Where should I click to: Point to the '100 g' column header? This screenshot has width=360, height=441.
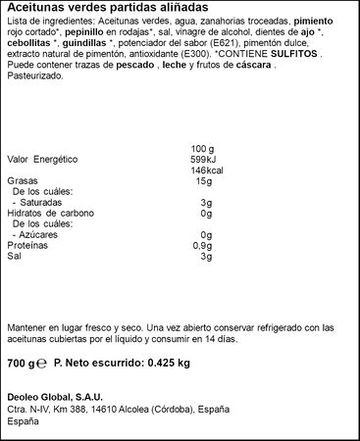point(202,147)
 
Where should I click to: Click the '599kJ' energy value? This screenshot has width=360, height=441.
point(201,158)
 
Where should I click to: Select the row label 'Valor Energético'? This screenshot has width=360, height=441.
point(42,158)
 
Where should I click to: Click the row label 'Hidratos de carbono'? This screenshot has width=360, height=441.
point(48,213)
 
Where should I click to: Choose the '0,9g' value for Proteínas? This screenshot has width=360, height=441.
point(202,245)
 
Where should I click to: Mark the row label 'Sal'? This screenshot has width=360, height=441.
point(13,256)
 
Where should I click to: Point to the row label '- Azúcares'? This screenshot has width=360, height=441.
point(37,234)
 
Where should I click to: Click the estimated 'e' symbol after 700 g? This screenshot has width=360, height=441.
point(40,364)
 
